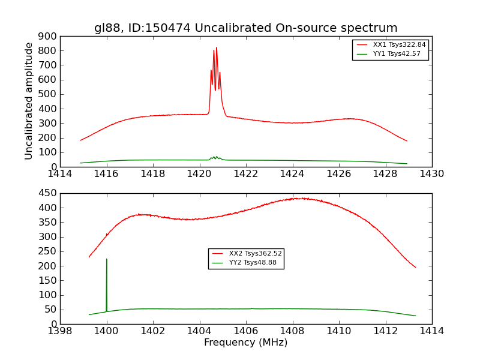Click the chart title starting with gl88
pos(245,28)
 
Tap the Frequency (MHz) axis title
pos(245,343)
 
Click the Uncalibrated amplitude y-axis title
pos(29,101)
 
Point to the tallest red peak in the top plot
pos(217,48)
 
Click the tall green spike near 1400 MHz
pos(107,260)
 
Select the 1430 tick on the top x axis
pos(431,173)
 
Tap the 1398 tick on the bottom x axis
pos(60,331)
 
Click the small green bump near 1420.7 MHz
pos(215,157)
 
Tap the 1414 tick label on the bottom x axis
pos(431,331)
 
